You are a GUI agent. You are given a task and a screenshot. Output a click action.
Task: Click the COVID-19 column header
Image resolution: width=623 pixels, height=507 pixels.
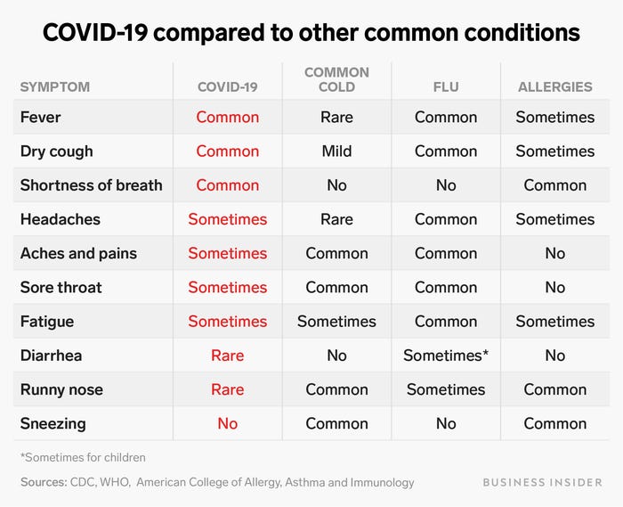tap(228, 86)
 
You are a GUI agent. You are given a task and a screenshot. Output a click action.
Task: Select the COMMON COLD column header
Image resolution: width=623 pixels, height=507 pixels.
tap(336, 79)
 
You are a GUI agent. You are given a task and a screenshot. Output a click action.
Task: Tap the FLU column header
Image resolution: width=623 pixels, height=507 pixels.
tap(446, 86)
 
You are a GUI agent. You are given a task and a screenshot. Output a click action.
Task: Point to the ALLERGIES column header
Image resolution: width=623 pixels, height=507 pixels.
tap(555, 86)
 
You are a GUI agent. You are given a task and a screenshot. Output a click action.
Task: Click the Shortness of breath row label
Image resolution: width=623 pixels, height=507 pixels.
tap(91, 185)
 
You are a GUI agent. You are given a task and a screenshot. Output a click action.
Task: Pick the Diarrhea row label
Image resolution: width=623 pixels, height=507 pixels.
tap(51, 356)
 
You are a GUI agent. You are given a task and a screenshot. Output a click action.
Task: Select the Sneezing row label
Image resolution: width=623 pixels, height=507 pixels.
tap(53, 423)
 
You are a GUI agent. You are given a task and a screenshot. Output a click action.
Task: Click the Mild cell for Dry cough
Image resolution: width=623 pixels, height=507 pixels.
tap(336, 151)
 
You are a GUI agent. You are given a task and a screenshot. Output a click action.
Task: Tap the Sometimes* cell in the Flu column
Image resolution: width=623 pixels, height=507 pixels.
tap(446, 356)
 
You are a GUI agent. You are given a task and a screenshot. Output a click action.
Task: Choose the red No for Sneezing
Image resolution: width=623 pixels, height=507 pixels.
tap(228, 423)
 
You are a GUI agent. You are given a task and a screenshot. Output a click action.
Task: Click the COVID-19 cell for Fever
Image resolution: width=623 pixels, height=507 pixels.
tap(228, 118)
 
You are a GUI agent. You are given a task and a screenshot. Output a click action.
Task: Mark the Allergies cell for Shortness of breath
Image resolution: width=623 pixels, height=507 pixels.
tap(555, 185)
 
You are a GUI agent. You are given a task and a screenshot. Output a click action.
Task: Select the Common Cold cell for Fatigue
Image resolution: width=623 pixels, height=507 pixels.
tap(336, 322)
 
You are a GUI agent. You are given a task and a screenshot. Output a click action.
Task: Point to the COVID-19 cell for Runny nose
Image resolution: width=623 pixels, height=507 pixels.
tap(228, 389)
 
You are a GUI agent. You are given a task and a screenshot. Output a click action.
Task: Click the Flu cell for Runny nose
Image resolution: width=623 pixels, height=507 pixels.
tap(446, 389)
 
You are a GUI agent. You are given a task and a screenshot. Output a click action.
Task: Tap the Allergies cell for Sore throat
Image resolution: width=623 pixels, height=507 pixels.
tap(555, 288)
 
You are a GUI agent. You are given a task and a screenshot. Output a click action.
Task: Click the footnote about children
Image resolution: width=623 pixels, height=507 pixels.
tap(83, 457)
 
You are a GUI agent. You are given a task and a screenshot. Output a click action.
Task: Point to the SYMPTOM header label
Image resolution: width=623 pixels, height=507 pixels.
tap(55, 86)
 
